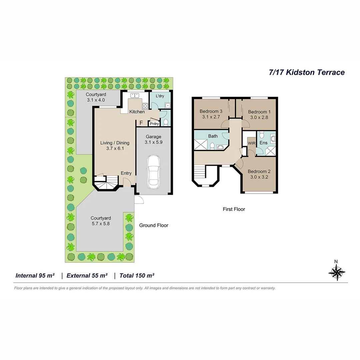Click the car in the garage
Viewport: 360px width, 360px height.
tap(153, 171)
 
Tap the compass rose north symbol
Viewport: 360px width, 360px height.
tap(337, 272)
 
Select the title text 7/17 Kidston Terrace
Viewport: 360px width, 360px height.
tap(307, 72)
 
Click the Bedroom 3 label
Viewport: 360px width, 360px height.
tap(211, 111)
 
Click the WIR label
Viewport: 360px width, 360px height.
tap(251, 143)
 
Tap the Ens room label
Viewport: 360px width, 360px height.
tap(263, 143)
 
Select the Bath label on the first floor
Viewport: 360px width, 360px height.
tap(213, 136)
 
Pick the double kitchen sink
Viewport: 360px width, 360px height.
tap(135, 95)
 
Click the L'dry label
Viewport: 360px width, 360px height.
tap(160, 96)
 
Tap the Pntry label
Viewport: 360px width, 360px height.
tap(154, 124)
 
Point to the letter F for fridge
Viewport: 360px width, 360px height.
tap(141, 123)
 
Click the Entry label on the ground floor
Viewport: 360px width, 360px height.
tap(126, 173)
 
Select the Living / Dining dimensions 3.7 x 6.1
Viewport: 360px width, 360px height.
tap(115, 149)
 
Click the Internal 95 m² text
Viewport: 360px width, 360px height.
tap(35, 276)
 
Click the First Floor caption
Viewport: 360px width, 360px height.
tap(234, 209)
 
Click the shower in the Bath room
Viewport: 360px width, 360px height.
tap(201, 145)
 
